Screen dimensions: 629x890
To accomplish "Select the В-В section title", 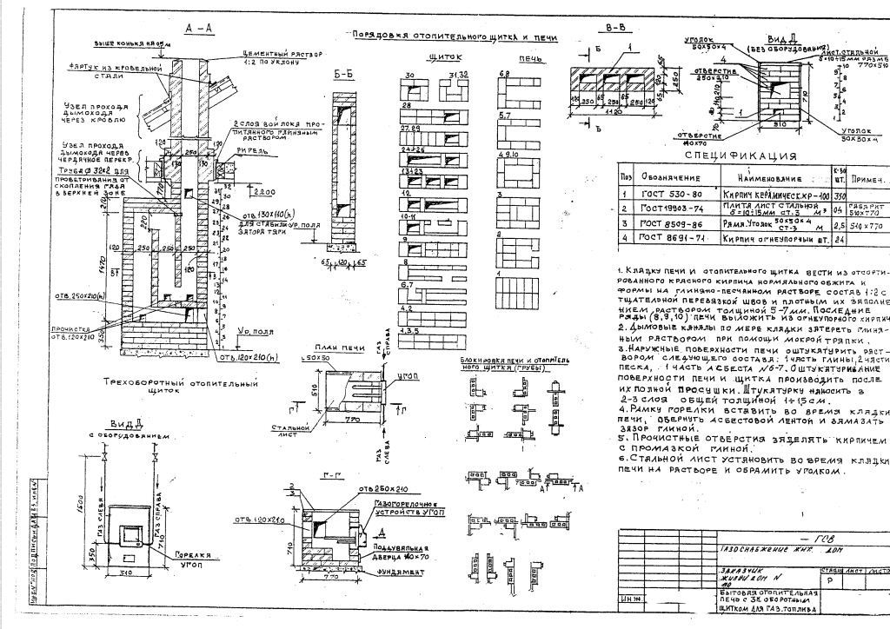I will click(614, 27).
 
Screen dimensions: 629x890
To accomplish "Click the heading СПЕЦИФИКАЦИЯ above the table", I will click(741, 156).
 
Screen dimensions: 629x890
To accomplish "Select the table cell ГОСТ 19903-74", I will click(670, 209).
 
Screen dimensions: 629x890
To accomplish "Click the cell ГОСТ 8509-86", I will click(670, 223).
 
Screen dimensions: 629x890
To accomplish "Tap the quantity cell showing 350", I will click(839, 196).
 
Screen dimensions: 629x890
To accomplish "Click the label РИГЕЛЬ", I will click(258, 150).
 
